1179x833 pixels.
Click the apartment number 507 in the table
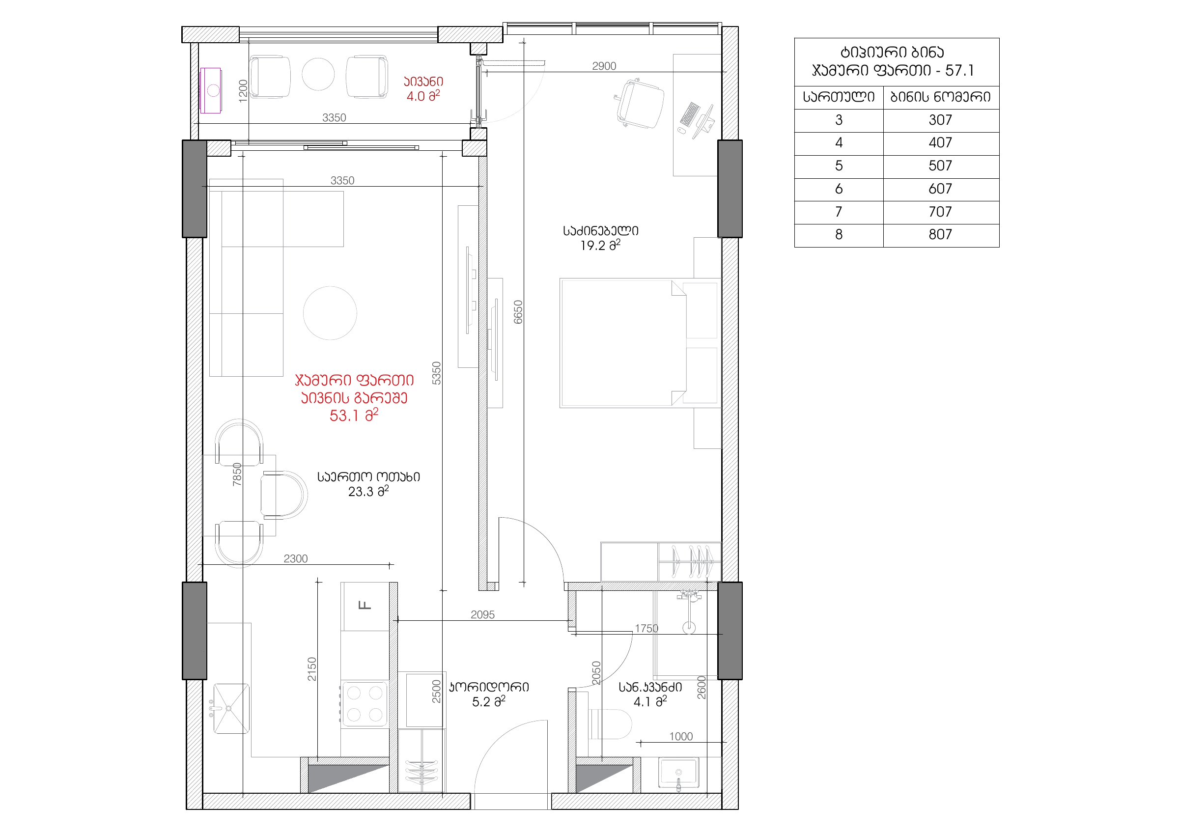coord(940,166)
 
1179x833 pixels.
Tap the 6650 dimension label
coord(518,312)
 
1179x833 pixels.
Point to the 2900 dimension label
coord(604,66)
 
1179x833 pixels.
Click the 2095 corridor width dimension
coord(483,615)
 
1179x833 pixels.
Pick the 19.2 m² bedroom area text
coord(600,246)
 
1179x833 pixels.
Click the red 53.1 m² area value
coord(354,415)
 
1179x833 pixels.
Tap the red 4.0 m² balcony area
coord(423,96)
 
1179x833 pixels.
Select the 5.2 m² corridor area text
coord(488,701)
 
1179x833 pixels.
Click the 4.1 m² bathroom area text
coord(650,701)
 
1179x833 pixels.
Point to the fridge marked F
coord(365,606)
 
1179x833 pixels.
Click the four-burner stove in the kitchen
coord(365,704)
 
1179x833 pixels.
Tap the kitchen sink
coord(231,708)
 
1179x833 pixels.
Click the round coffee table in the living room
coord(330,313)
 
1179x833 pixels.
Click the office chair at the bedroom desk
coord(640,104)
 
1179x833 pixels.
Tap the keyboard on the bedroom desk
coord(690,114)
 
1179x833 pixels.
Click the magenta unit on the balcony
coord(211,90)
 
